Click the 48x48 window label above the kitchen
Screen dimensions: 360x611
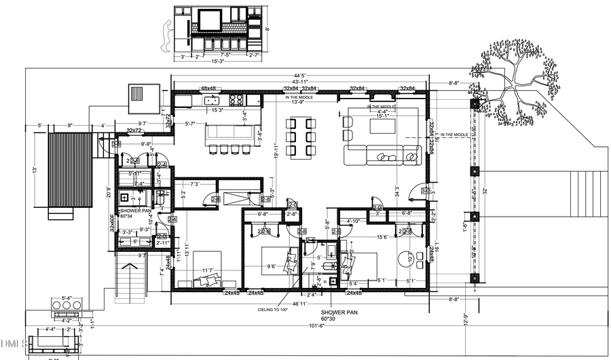click(208, 89)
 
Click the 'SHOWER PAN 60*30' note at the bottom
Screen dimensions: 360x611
click(337, 314)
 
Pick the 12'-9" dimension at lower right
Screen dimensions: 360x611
click(464, 320)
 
